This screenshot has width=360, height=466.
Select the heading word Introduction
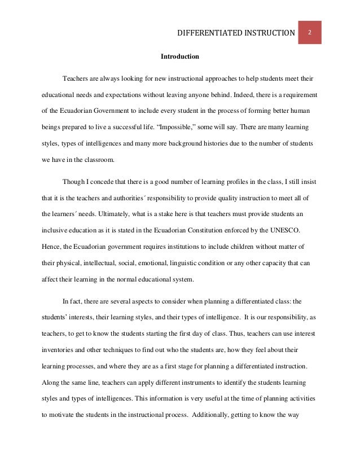tap(180, 57)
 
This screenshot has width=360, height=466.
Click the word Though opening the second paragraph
tap(73, 183)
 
